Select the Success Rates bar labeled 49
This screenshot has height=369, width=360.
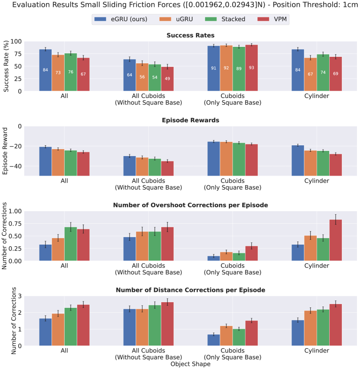[x=167, y=79]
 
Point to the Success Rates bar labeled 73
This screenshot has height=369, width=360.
[x=58, y=73]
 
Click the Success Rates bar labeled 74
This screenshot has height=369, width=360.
[x=323, y=73]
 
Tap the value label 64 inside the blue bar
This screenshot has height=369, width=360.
[x=130, y=75]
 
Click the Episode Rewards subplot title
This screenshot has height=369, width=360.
[x=191, y=120]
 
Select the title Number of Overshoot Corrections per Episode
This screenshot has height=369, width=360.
[x=191, y=205]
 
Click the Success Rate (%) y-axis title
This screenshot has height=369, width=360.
[x=6, y=66]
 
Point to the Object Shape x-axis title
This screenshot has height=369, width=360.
[x=191, y=364]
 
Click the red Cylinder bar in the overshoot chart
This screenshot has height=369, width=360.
[x=335, y=240]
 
